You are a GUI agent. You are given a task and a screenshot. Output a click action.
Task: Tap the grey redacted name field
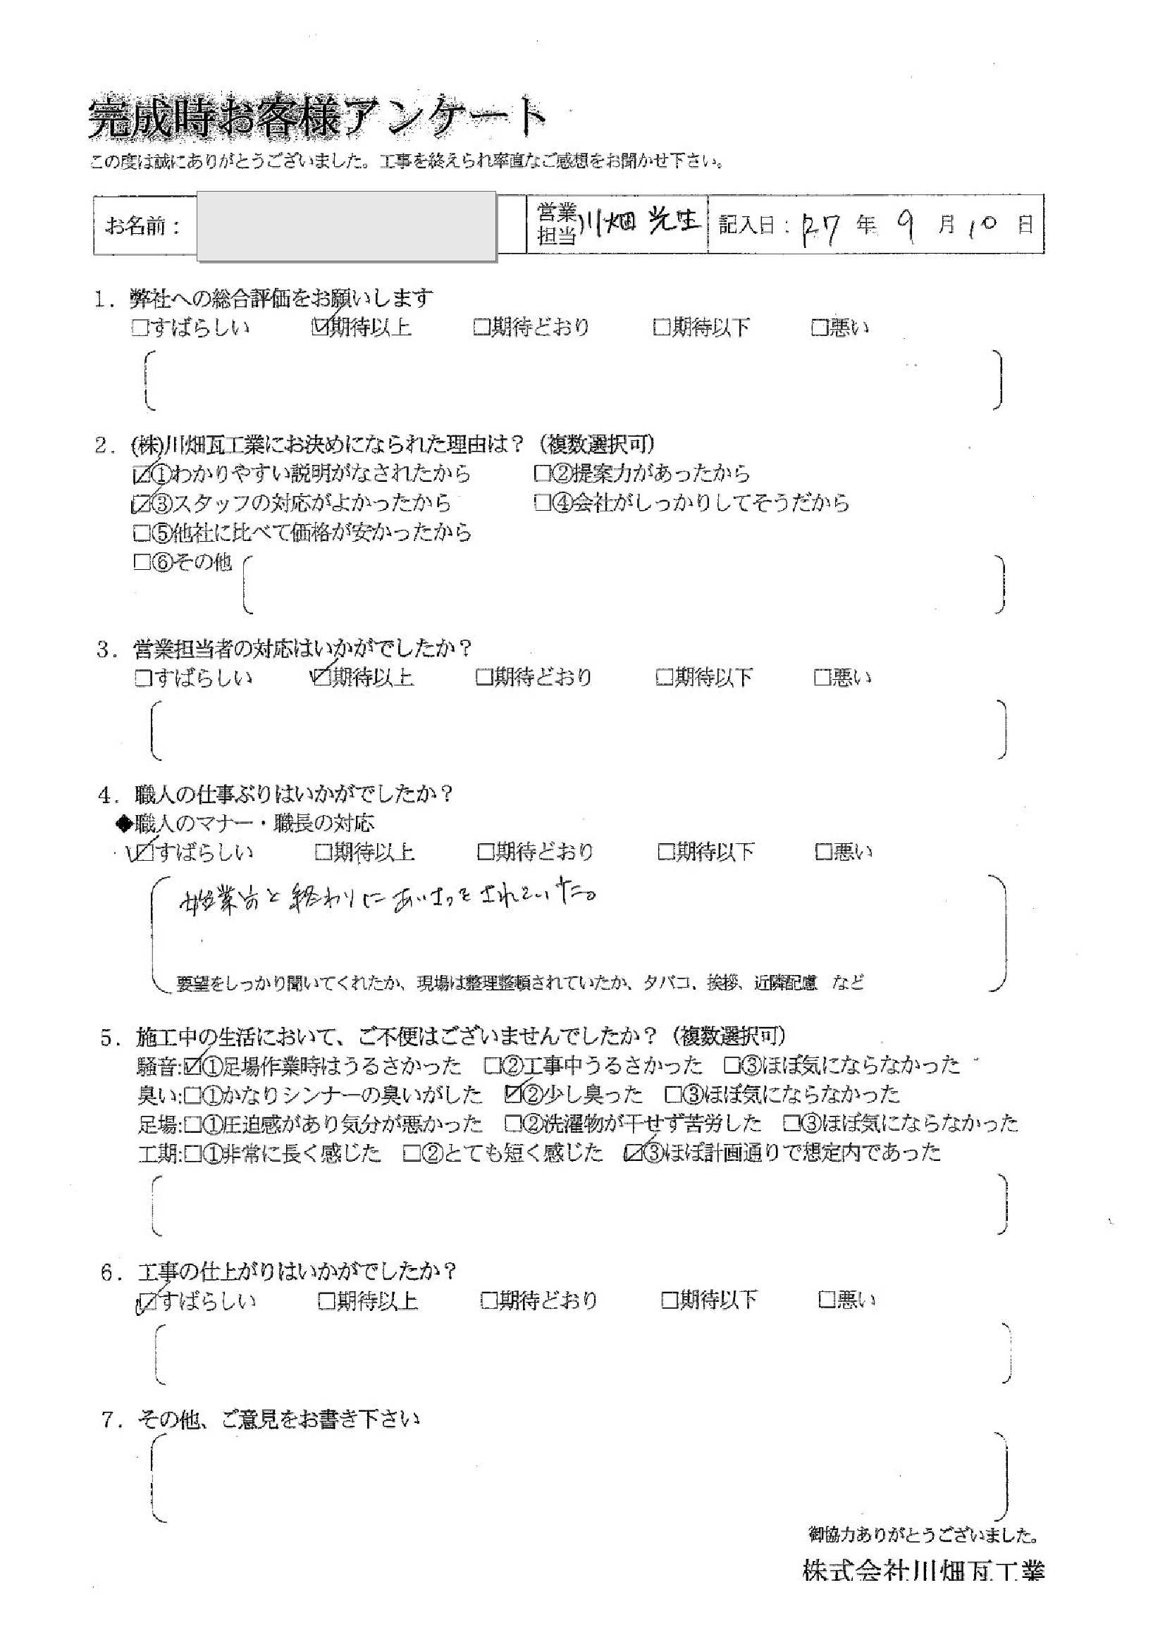(x=346, y=225)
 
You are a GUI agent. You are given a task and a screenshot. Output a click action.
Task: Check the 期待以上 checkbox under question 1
(x=319, y=328)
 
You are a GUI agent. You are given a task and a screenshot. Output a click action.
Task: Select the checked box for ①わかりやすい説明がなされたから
(x=141, y=475)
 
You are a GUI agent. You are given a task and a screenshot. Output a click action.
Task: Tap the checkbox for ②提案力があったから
(x=542, y=473)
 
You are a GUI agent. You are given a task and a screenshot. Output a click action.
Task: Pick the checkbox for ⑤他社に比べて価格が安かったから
(x=141, y=533)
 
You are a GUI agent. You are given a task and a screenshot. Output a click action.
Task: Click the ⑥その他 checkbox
(x=141, y=562)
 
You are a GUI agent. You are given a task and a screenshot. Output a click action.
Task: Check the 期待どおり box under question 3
(x=483, y=677)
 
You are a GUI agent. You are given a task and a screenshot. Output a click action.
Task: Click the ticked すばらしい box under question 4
(x=144, y=852)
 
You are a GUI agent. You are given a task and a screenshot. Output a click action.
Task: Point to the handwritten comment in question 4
(x=388, y=899)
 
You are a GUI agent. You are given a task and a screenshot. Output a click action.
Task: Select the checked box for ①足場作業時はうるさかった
(x=192, y=1067)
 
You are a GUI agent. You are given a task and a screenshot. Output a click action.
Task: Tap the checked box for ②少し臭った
(x=512, y=1095)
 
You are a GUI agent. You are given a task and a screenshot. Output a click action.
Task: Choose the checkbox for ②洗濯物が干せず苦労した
(x=512, y=1123)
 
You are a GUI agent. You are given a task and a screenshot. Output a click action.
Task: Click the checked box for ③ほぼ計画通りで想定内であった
(x=633, y=1152)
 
